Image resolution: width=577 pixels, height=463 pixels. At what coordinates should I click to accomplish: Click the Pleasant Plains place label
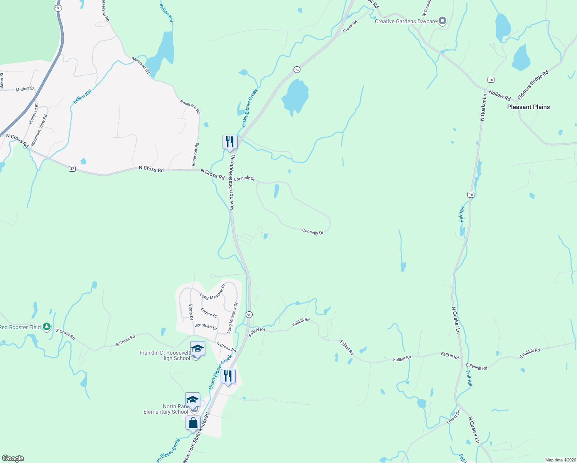tap(528, 107)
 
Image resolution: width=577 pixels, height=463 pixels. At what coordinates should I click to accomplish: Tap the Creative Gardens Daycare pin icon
tap(442, 21)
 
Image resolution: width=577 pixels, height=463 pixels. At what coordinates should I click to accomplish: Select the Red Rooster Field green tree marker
tap(47, 327)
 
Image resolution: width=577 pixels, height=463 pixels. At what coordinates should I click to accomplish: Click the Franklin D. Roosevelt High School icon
tap(197, 349)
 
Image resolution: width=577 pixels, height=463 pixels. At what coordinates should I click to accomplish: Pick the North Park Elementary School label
tap(166, 409)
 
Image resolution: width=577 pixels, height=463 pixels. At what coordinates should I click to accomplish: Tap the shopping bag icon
tap(193, 423)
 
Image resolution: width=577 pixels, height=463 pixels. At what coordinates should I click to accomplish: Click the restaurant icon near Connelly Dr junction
tap(229, 142)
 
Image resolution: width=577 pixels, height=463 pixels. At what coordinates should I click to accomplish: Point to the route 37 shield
tap(72, 169)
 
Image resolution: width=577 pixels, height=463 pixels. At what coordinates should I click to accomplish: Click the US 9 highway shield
tap(58, 8)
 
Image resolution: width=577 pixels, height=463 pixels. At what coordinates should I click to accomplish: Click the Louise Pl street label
tap(209, 313)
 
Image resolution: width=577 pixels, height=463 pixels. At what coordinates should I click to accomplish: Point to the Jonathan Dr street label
tap(206, 326)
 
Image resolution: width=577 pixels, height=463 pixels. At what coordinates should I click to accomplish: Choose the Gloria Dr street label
tap(191, 312)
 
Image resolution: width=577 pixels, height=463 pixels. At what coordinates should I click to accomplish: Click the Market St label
tap(25, 89)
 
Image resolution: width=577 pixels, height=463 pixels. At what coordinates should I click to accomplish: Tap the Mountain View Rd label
tap(39, 130)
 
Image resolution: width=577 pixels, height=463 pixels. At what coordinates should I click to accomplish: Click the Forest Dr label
tap(454, 417)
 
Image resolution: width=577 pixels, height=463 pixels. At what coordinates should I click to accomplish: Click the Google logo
tap(13, 458)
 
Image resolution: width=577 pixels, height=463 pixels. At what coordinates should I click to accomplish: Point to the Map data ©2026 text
tap(559, 460)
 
